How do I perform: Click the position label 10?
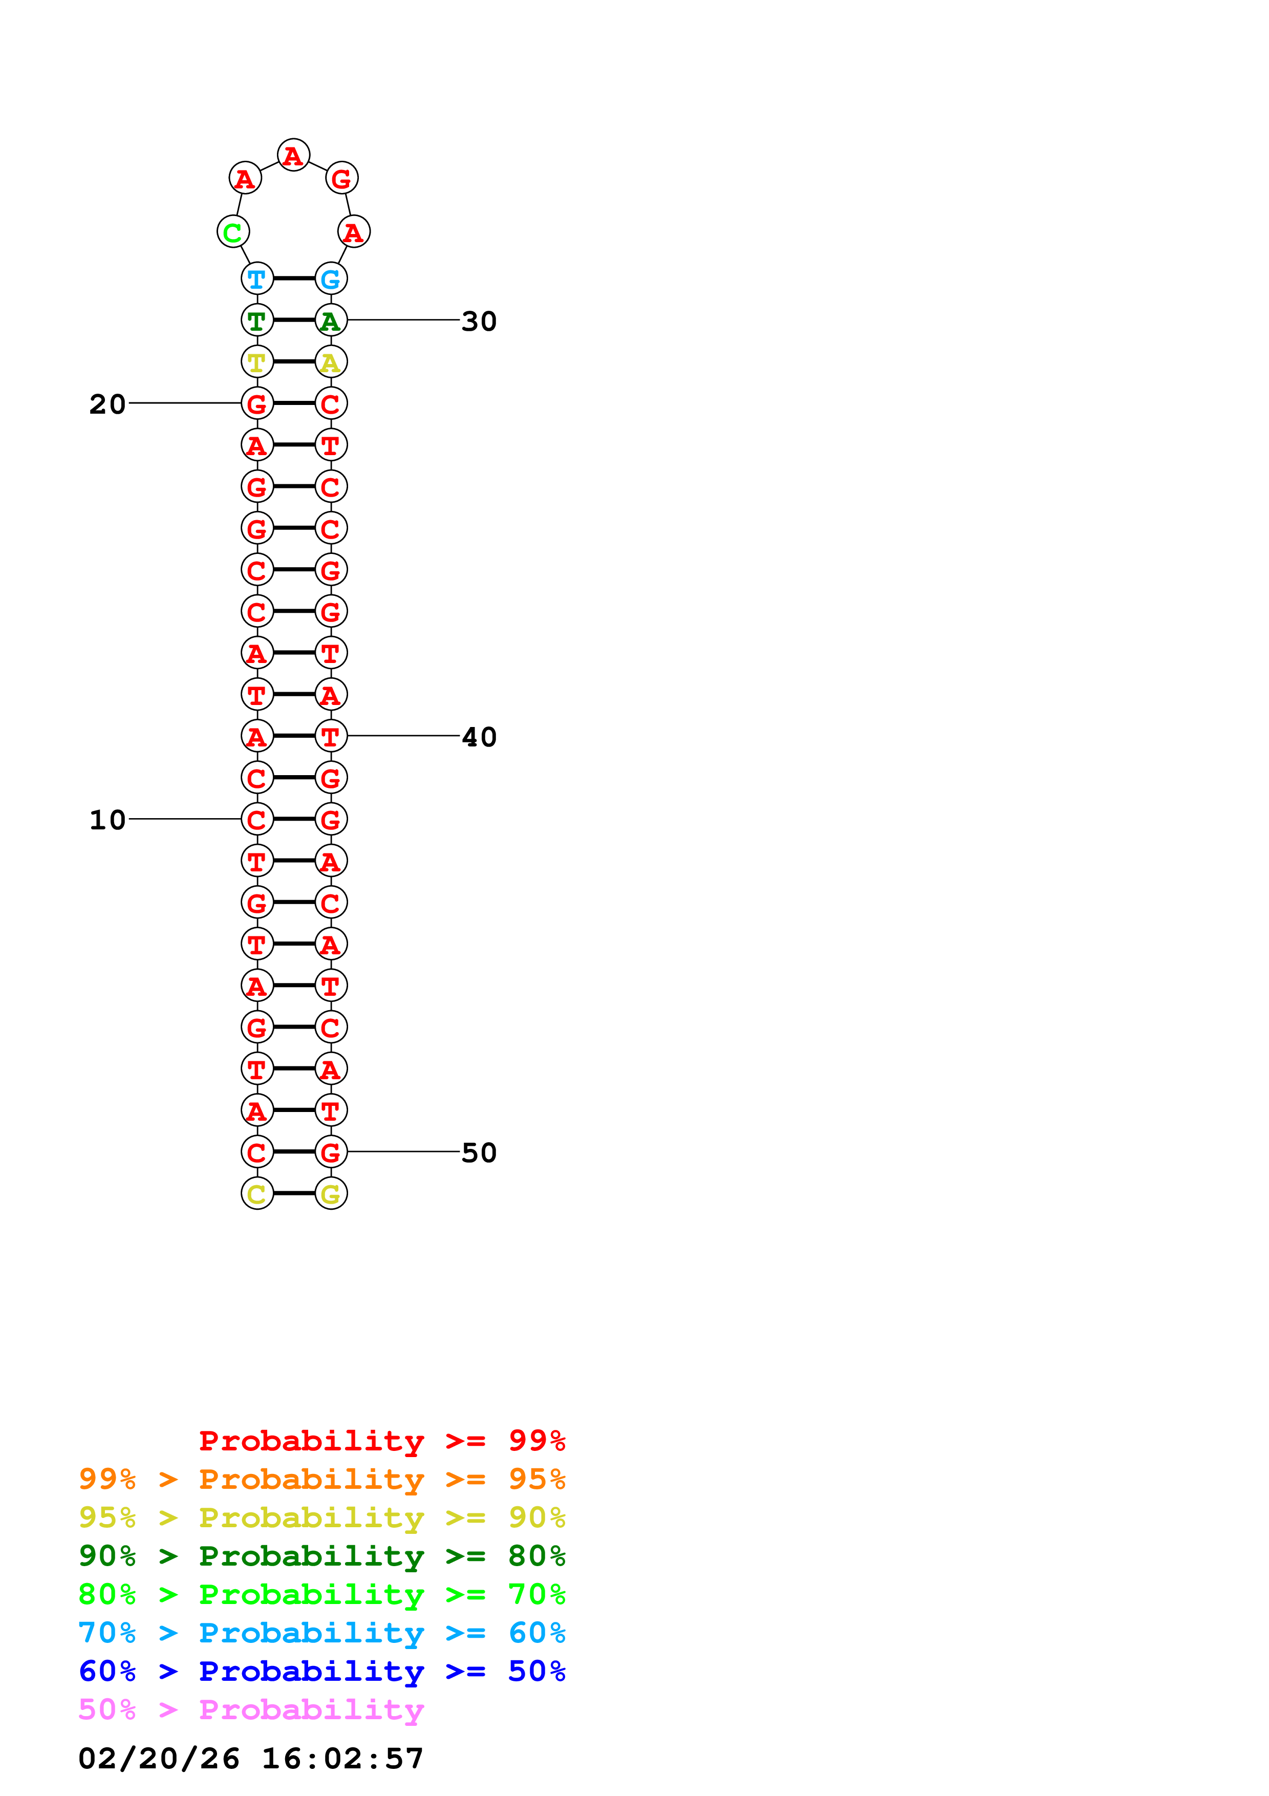point(107,820)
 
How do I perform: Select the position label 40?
point(479,737)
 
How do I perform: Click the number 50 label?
point(479,1152)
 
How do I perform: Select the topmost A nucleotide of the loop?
point(293,156)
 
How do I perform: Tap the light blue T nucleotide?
point(256,279)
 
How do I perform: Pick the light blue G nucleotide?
point(331,279)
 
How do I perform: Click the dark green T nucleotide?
point(256,320)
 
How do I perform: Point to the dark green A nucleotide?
point(331,320)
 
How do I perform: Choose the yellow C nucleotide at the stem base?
point(256,1194)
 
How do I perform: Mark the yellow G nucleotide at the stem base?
point(331,1194)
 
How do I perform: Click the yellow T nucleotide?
point(256,362)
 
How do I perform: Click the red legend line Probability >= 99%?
point(381,1440)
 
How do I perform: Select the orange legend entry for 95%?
point(321,1479)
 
